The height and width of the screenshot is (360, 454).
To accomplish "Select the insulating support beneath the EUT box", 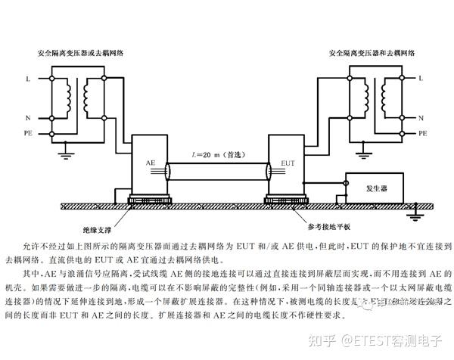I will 288,201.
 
